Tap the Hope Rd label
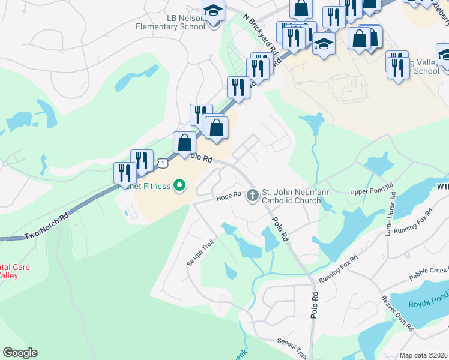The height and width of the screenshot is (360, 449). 228,196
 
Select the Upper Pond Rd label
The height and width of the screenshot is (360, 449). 372,192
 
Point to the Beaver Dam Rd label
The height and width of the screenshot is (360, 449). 397,313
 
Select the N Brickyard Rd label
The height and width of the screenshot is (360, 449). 261,35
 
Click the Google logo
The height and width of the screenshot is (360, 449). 20,353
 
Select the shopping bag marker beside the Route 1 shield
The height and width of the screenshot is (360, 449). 184,143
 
